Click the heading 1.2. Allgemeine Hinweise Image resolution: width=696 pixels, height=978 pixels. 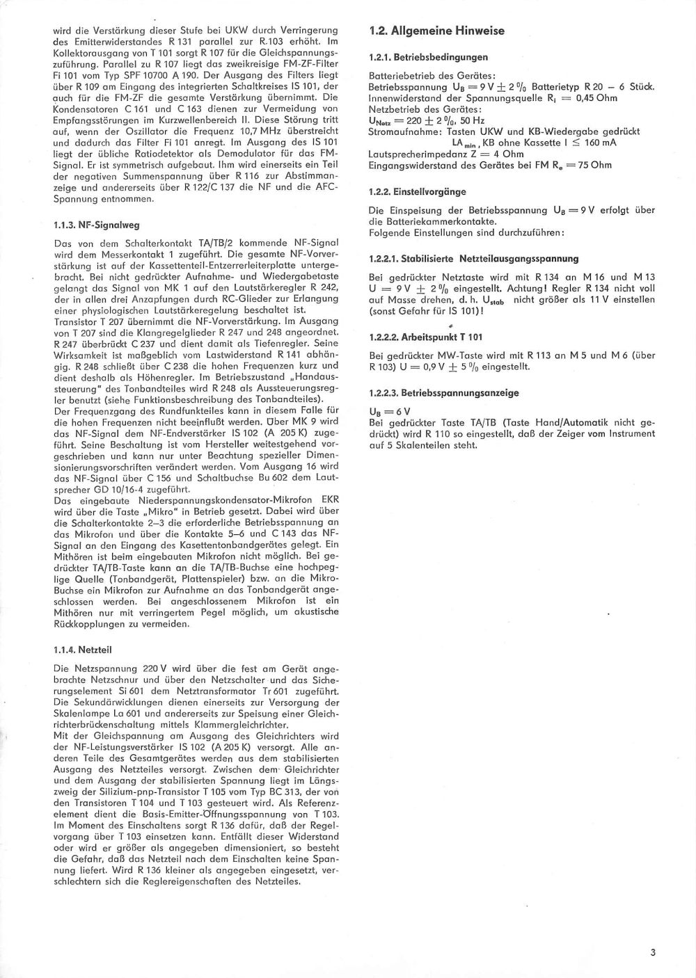[x=436, y=31]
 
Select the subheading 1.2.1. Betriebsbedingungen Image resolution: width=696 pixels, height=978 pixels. [x=428, y=57]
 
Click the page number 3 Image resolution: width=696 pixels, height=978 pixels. [x=653, y=954]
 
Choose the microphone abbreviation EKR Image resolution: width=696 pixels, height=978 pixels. [x=329, y=499]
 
